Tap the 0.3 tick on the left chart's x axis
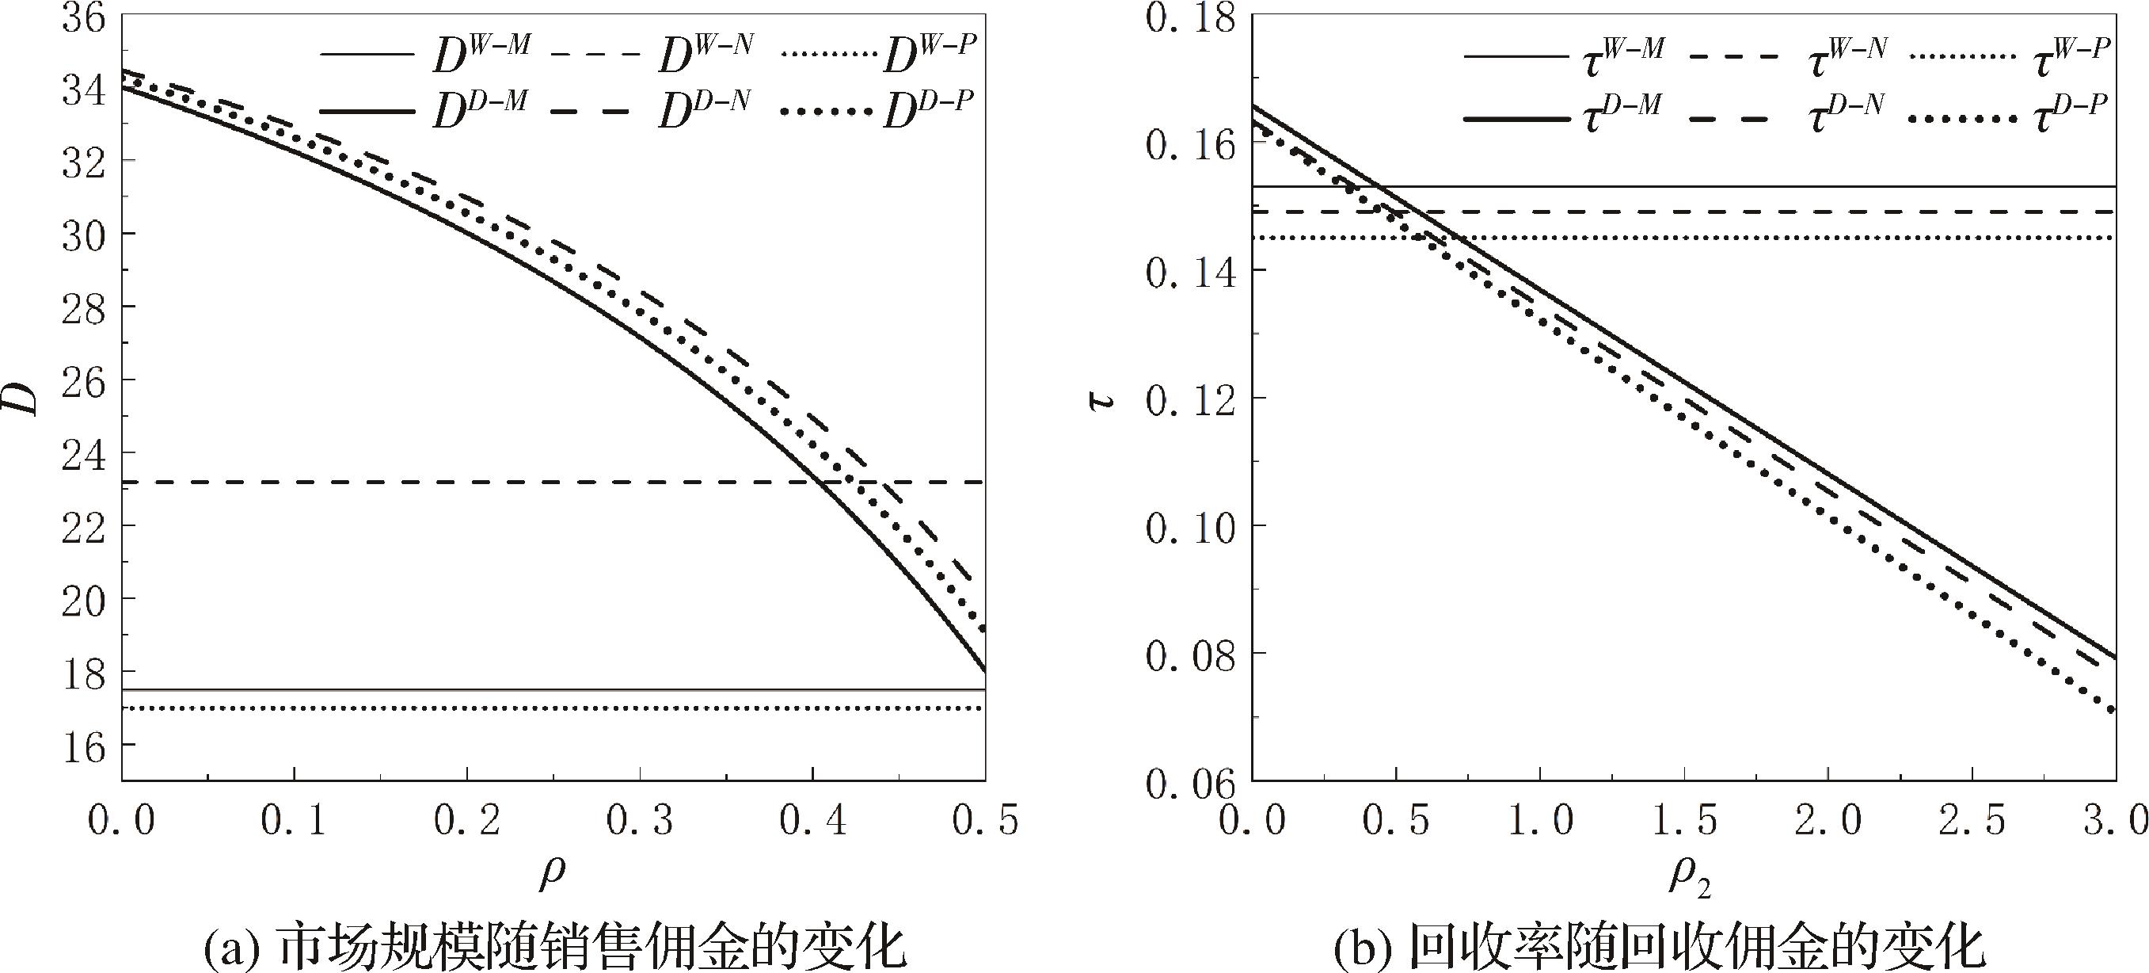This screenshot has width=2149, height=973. point(639,821)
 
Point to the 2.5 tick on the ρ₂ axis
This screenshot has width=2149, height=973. point(1972,821)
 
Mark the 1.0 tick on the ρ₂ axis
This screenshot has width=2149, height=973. point(1540,821)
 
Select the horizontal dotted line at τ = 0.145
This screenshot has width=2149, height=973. point(1752,238)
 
